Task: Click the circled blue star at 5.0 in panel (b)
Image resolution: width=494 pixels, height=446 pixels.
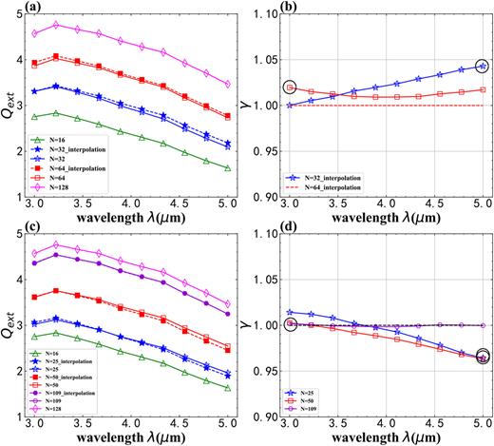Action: tap(483, 67)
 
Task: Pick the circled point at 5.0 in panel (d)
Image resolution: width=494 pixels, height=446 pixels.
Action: tap(483, 358)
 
